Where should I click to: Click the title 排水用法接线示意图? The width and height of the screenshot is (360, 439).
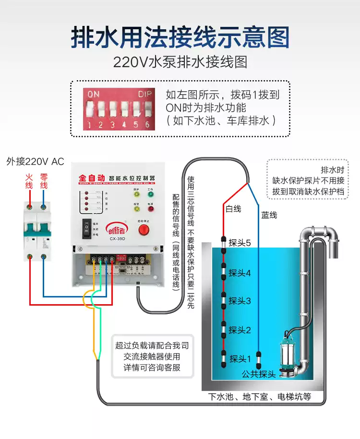180,38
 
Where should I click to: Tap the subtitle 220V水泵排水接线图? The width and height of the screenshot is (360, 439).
180,62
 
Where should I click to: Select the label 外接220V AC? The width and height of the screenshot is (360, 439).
35,162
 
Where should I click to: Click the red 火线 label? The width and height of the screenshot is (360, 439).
29,181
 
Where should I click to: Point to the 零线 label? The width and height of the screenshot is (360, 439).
44,181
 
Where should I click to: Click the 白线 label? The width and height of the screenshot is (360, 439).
233,209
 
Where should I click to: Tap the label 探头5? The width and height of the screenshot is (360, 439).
240,243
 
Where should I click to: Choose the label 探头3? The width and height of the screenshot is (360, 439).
240,301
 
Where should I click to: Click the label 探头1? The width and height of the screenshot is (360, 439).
240,358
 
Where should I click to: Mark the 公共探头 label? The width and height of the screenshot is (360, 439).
259,374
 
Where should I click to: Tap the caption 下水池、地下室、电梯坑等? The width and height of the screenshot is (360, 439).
260,397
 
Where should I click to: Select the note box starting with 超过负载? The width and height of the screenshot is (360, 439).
152,356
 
